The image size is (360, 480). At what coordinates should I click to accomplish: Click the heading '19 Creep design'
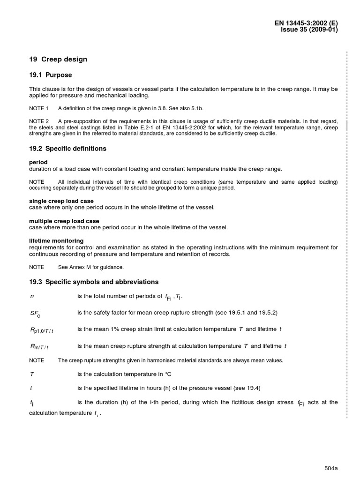tap(58, 60)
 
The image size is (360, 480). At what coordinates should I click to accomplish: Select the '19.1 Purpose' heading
tap(51, 75)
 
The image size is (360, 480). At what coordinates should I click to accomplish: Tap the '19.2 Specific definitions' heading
tap(67, 149)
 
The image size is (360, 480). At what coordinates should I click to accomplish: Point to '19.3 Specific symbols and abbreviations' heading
tap(94, 282)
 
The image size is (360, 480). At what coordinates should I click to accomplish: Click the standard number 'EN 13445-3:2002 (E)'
tap(306, 22)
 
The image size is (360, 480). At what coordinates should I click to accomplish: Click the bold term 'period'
tap(38, 162)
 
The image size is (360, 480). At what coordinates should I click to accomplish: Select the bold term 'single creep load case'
tap(61, 201)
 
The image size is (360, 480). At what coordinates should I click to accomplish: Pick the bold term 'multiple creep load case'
tap(64, 221)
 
